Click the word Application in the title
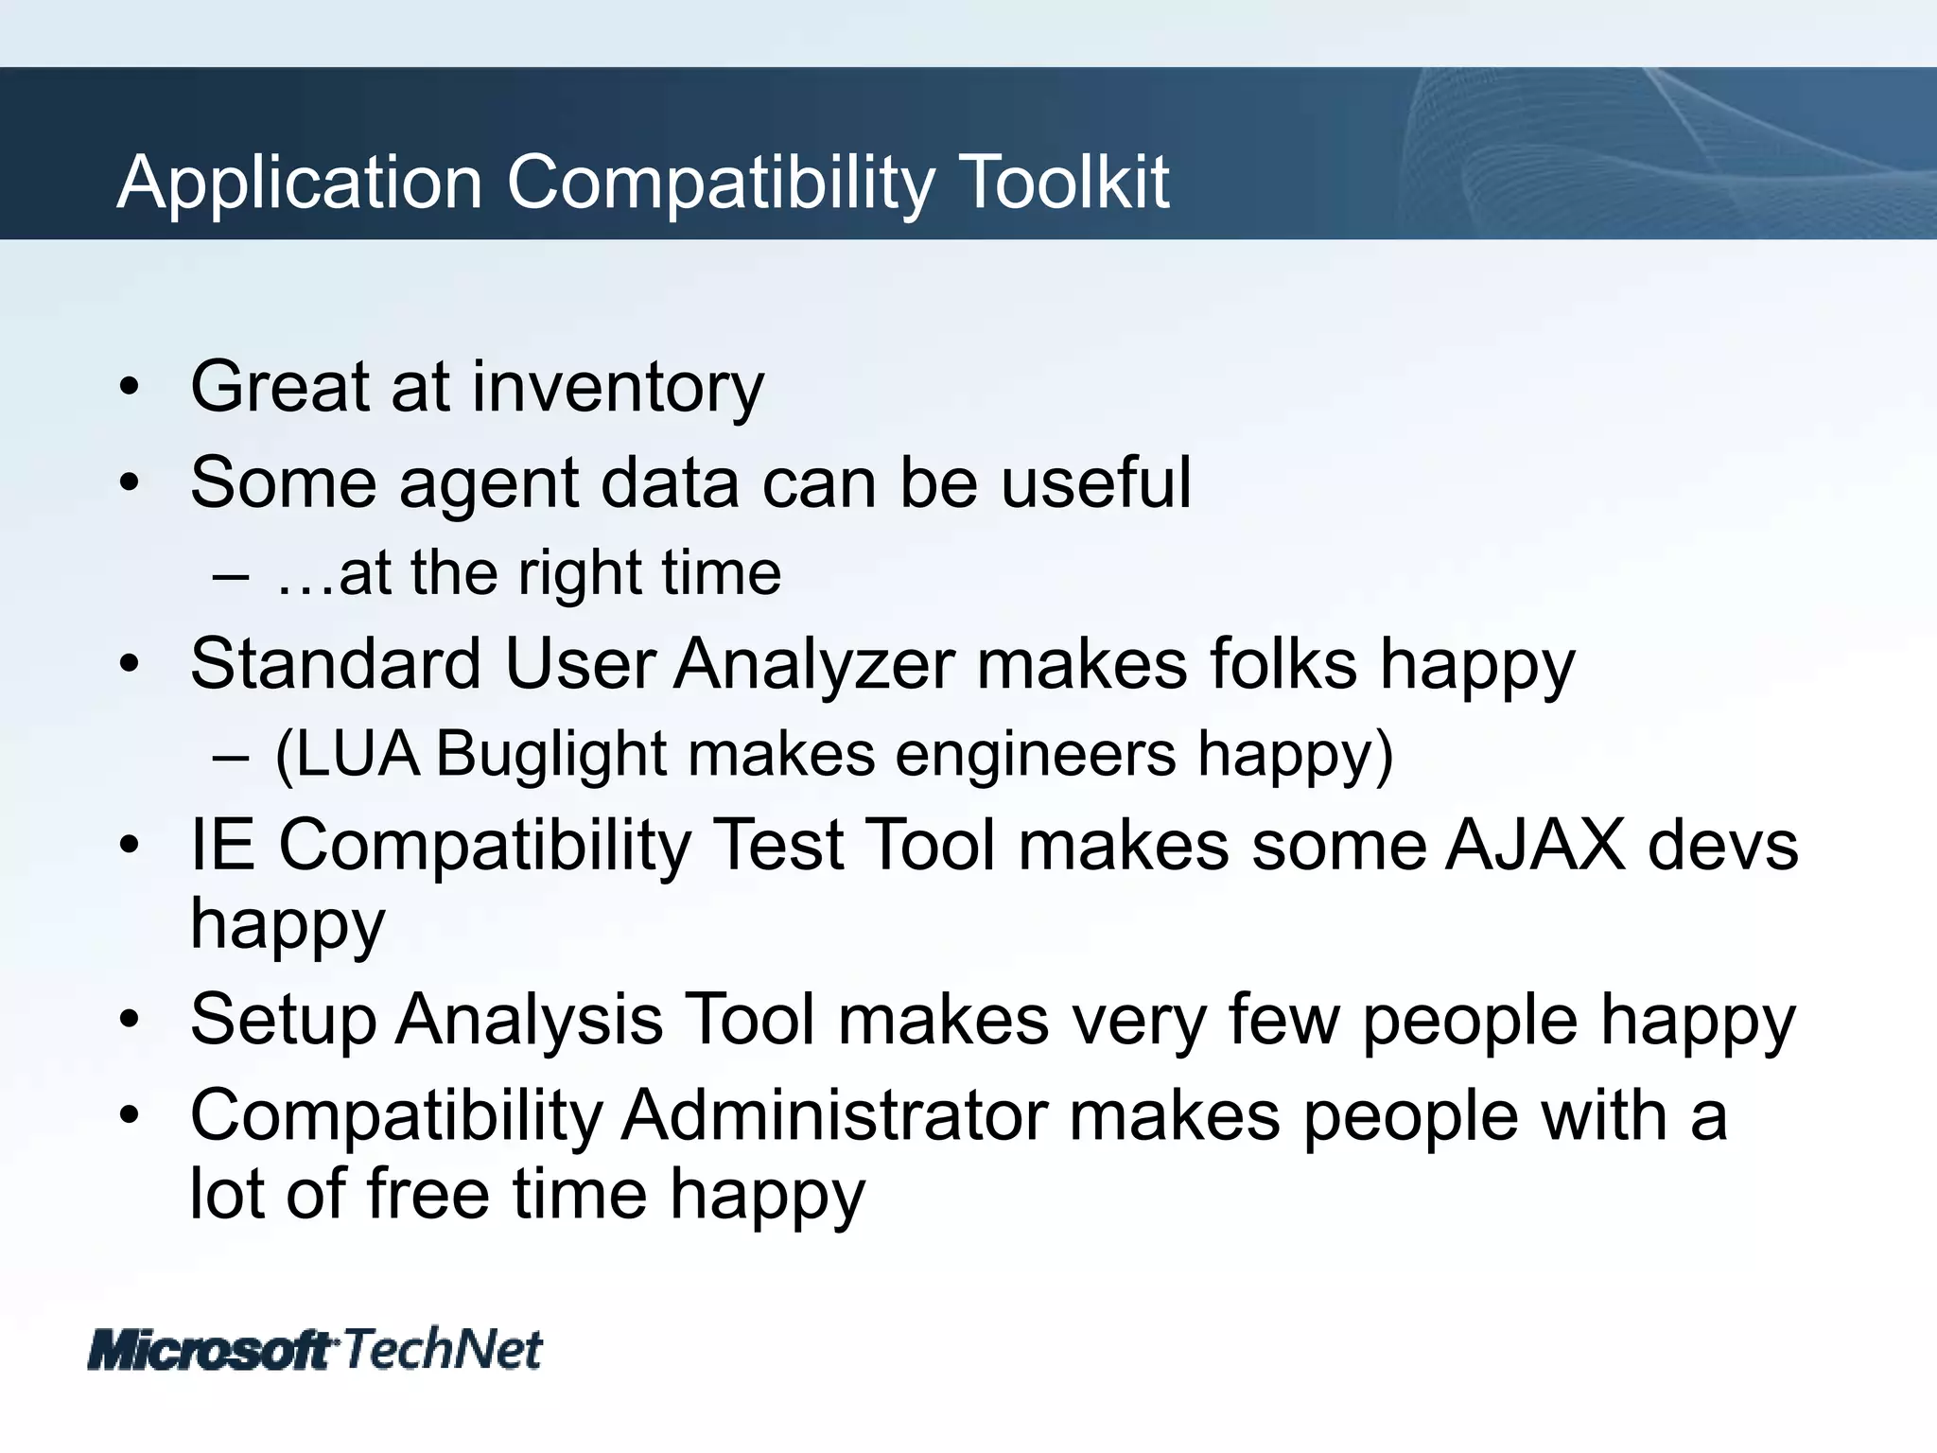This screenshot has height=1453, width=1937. click(300, 182)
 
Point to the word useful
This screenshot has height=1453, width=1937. click(1095, 482)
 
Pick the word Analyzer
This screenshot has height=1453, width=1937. click(813, 664)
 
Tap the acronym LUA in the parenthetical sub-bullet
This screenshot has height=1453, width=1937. click(347, 755)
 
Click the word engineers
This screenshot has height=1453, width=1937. click(1035, 755)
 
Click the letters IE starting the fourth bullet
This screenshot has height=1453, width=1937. click(222, 845)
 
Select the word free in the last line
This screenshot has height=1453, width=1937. click(428, 1194)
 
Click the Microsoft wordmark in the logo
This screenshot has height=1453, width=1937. click(210, 1350)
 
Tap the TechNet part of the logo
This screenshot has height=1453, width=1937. click(443, 1349)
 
